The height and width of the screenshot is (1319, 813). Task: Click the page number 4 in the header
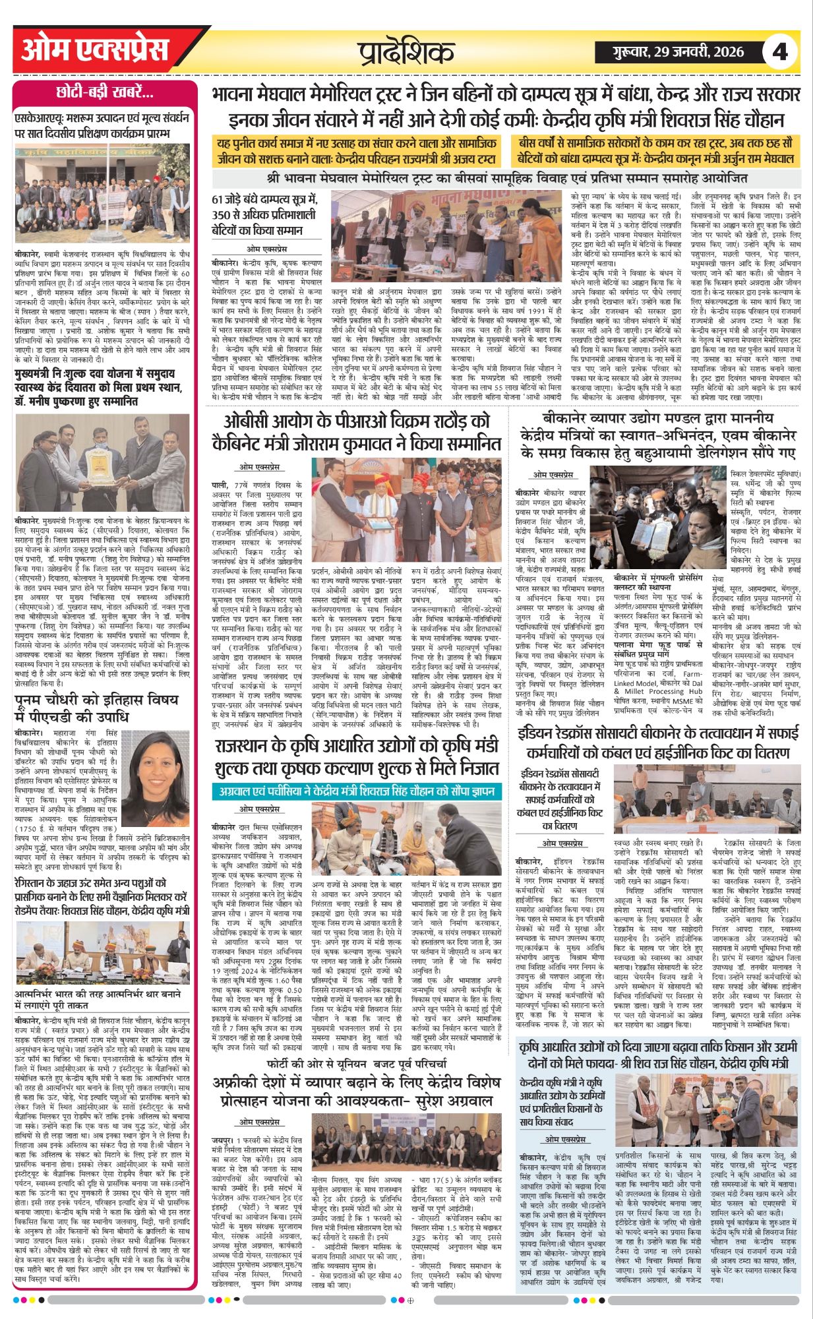click(x=780, y=51)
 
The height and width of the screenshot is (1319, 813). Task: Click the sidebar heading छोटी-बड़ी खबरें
click(x=105, y=93)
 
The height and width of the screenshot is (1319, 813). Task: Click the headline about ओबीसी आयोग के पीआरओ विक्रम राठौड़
click(x=357, y=431)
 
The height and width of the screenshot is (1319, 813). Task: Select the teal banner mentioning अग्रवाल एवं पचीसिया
click(x=357, y=791)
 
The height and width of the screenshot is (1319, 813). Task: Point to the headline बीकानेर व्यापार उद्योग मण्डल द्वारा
click(x=658, y=436)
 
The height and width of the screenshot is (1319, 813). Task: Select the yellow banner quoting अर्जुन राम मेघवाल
click(x=657, y=151)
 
